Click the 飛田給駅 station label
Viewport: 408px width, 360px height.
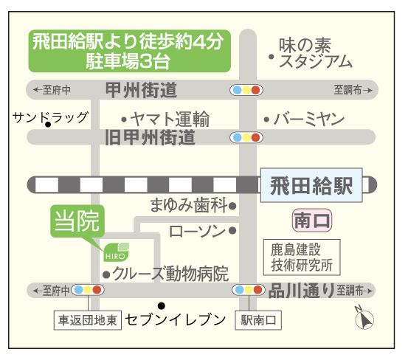[311, 185]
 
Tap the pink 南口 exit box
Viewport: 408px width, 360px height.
[312, 221]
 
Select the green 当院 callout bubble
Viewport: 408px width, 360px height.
[77, 221]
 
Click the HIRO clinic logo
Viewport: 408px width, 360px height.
[117, 252]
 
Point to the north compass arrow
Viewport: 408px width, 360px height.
[364, 318]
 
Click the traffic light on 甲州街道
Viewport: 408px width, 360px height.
[246, 90]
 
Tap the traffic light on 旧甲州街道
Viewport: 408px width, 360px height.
[246, 137]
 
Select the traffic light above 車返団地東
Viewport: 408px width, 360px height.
[88, 290]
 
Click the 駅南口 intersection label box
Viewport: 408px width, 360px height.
[258, 320]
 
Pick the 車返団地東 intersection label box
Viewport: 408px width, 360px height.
[88, 320]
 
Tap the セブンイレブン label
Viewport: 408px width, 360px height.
[176, 319]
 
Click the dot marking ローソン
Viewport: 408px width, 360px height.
[232, 230]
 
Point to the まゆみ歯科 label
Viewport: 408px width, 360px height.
[189, 205]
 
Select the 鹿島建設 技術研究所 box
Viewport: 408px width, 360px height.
[302, 257]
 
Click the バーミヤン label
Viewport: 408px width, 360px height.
[309, 119]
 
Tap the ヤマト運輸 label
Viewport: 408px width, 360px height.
[170, 119]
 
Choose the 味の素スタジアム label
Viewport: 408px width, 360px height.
[315, 53]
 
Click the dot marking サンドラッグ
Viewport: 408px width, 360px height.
[48, 125]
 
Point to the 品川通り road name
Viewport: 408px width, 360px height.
[301, 291]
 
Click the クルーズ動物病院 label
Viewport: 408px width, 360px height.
[170, 274]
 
